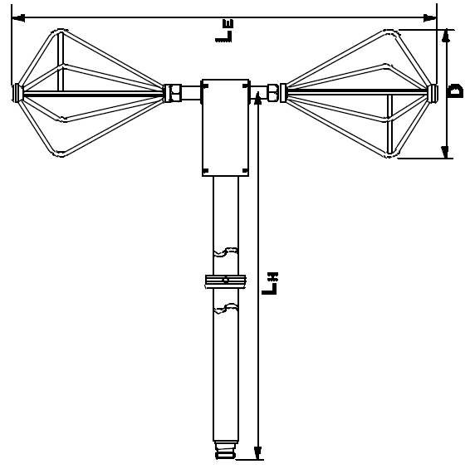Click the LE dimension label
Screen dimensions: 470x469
(224, 31)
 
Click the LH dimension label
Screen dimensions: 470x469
(270, 283)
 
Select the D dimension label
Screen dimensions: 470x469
(456, 91)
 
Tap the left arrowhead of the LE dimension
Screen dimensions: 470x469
(18, 18)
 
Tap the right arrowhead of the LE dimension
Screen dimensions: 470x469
(430, 18)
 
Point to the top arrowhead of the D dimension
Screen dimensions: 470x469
(446, 36)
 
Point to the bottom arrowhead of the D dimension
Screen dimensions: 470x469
(445, 152)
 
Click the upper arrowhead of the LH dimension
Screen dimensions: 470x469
(257, 98)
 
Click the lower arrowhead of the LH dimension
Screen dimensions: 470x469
(257, 452)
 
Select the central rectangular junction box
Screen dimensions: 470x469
(225, 128)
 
